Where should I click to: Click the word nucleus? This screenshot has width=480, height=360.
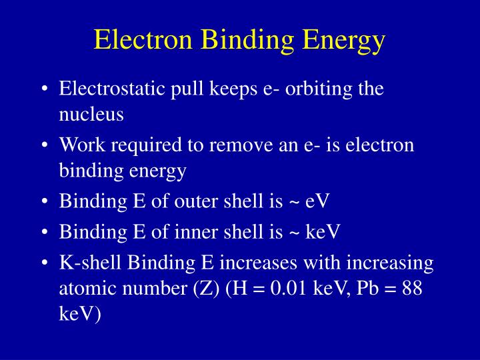pyautogui.click(x=91, y=114)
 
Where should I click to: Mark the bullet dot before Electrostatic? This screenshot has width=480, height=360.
pyautogui.click(x=43, y=89)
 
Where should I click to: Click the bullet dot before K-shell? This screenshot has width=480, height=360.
pyautogui.click(x=43, y=263)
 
